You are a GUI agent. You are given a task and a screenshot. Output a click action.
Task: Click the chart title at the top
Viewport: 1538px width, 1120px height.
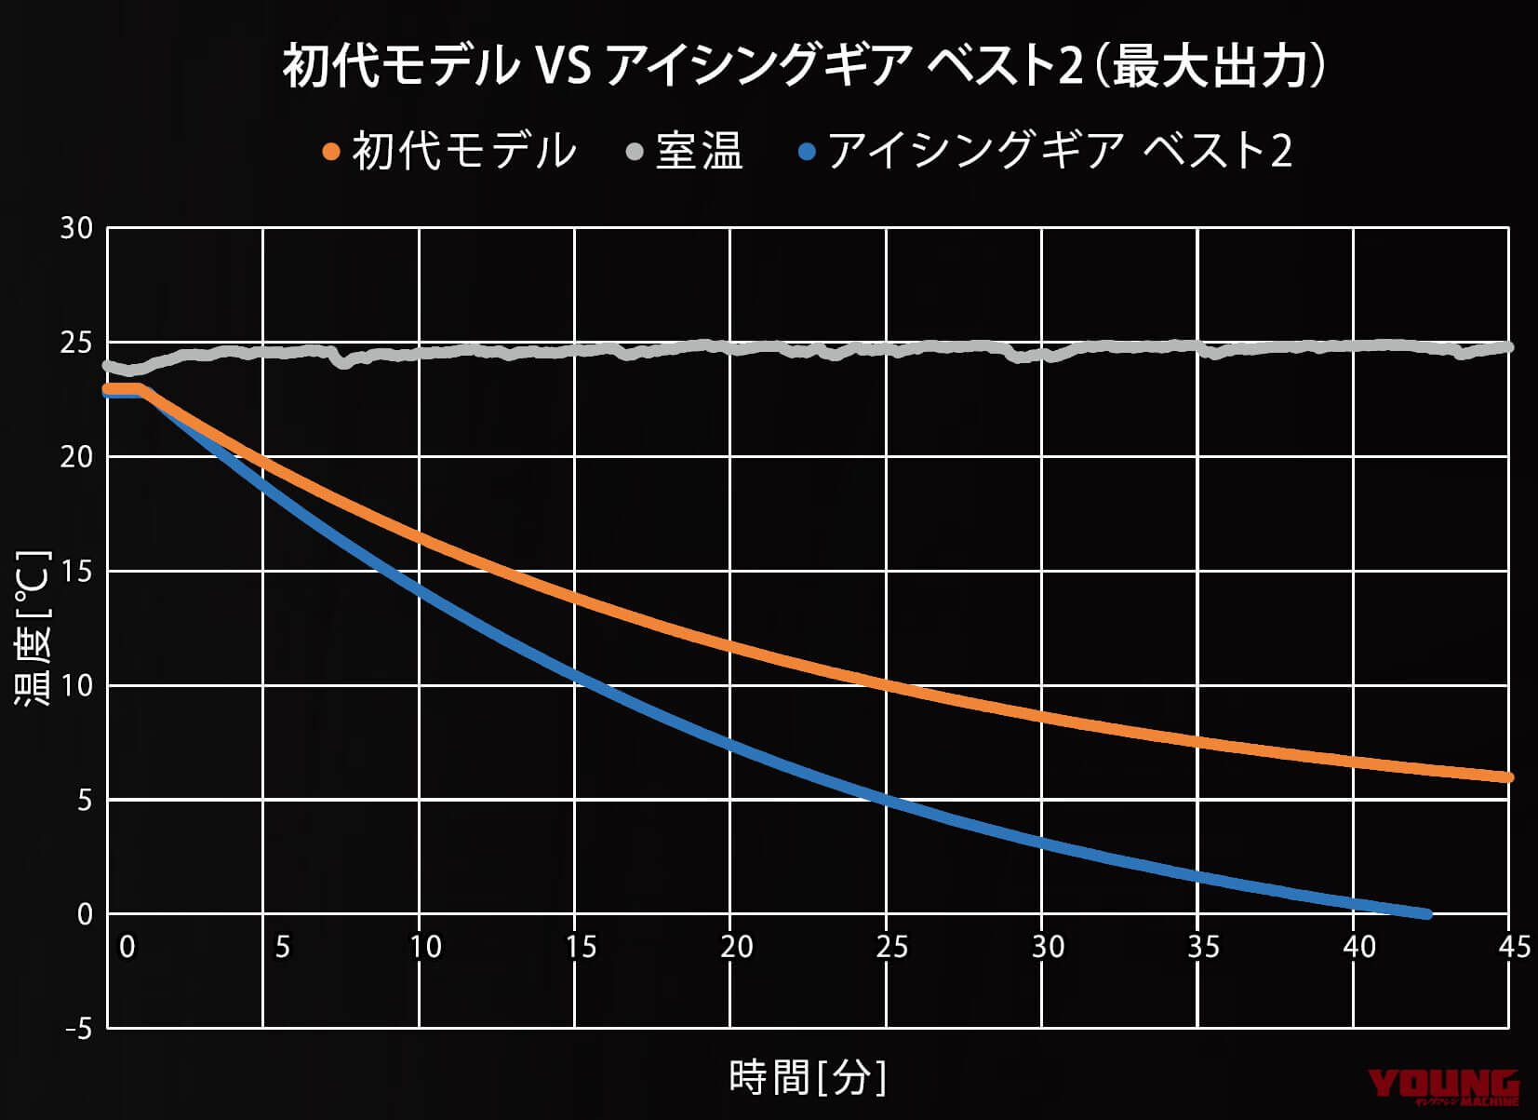[x=804, y=67]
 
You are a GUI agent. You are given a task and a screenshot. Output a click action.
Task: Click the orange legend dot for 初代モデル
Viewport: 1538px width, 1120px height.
[x=331, y=151]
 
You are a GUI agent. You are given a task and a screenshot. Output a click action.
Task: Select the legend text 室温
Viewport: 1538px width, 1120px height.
[x=699, y=151]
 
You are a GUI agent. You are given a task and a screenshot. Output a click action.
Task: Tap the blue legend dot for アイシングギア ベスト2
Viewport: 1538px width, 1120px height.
[x=807, y=151]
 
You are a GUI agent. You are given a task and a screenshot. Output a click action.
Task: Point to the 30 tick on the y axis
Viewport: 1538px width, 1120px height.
[x=76, y=228]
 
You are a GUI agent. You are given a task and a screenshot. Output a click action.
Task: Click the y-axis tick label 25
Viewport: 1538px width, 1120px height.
[x=76, y=344]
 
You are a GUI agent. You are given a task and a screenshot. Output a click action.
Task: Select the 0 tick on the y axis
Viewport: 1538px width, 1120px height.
[x=85, y=914]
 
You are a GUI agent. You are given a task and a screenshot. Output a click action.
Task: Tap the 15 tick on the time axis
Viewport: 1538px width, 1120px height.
[x=581, y=947]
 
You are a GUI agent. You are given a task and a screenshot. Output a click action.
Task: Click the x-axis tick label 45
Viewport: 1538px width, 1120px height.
[x=1515, y=947]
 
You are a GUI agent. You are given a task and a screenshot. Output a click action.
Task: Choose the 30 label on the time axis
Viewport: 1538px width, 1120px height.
[x=1048, y=947]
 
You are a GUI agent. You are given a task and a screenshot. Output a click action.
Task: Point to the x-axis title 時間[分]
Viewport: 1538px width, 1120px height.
[x=808, y=1078]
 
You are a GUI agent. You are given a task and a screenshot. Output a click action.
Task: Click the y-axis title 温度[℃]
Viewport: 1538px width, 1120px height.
[x=33, y=628]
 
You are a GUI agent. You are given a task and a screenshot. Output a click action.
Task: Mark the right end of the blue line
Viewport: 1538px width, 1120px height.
[x=1426, y=914]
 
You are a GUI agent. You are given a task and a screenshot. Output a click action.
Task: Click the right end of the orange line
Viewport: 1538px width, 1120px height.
[x=1507, y=777]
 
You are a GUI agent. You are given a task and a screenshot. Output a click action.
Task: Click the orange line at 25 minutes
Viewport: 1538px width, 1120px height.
[x=886, y=686]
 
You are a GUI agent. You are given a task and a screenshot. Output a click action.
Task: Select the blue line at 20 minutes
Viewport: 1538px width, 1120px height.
[x=730, y=744]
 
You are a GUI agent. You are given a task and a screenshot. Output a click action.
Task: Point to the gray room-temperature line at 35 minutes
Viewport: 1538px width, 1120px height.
[x=1197, y=346]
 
